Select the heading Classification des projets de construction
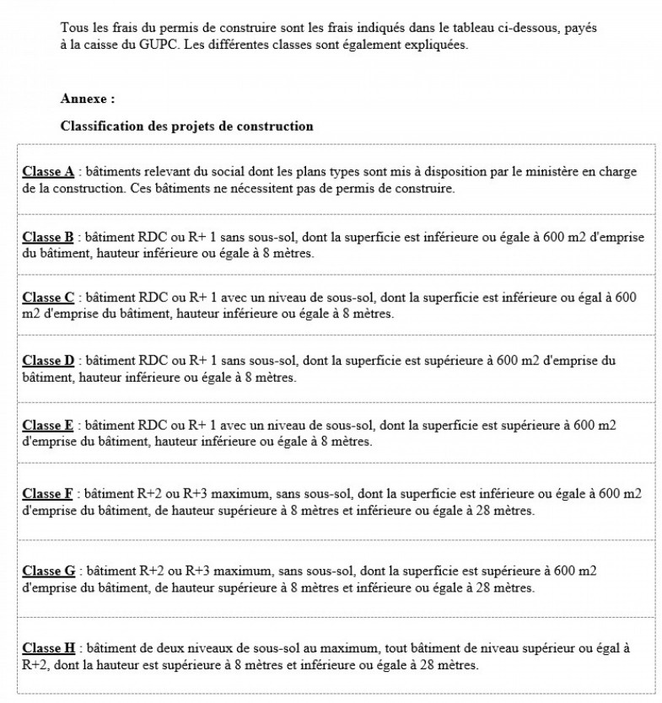pyautogui.click(x=186, y=126)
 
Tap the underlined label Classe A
pyautogui.click(x=49, y=172)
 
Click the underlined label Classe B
pyautogui.click(x=49, y=237)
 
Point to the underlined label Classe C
pyautogui.click(x=49, y=298)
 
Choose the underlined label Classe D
pyautogui.click(x=49, y=361)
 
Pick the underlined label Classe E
pyautogui.click(x=49, y=425)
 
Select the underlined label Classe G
pyautogui.click(x=49, y=571)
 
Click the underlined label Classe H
pyautogui.click(x=49, y=648)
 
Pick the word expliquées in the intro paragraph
pyautogui.click(x=435, y=45)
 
